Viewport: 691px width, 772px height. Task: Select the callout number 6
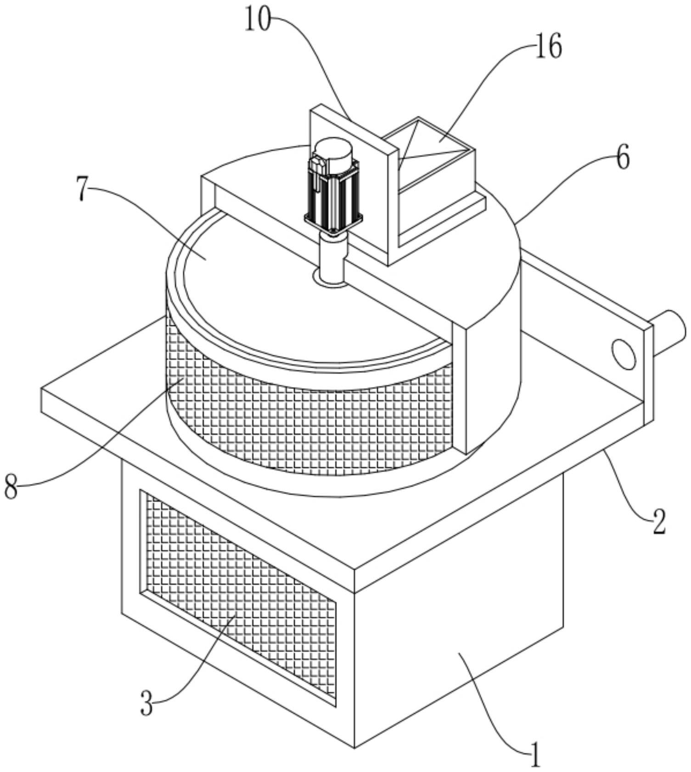tap(623, 158)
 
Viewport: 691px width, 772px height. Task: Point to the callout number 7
tap(82, 190)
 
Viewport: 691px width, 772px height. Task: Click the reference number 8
tap(11, 487)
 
